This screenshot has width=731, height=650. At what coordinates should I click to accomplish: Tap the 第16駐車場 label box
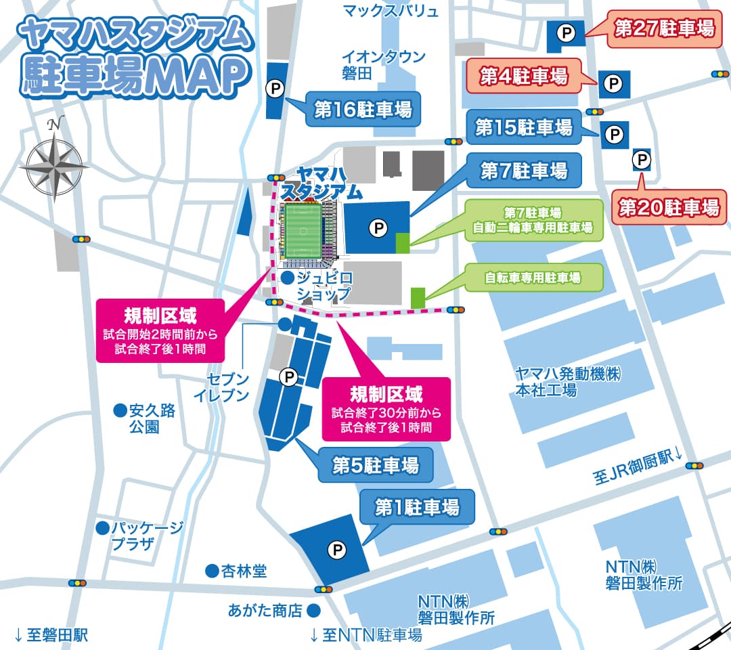363,109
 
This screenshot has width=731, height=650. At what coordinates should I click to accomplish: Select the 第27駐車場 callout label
663,28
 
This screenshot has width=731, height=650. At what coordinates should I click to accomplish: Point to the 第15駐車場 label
523,127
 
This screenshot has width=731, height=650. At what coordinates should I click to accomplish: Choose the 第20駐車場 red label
669,207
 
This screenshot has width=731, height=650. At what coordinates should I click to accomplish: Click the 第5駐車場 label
375,465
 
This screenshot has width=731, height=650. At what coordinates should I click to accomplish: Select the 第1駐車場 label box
417,506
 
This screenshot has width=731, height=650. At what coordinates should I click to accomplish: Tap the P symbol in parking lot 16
274,88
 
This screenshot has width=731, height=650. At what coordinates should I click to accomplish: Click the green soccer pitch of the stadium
302,231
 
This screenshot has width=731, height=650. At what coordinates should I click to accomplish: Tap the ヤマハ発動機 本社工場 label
567,382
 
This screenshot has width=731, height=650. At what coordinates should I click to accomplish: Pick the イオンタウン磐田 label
384,64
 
